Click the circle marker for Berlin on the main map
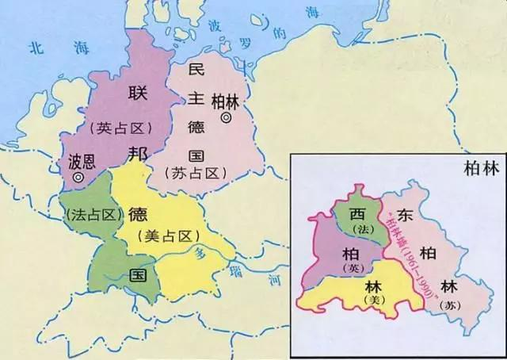tap(227, 117)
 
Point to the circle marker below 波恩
tap(78, 178)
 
